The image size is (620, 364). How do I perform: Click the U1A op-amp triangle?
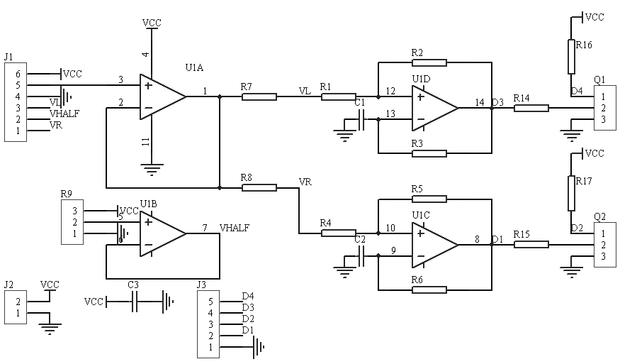(x=162, y=96)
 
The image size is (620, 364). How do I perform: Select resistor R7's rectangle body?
(x=259, y=96)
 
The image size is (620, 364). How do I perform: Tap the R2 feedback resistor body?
(x=429, y=62)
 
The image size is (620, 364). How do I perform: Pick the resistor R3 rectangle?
(x=429, y=153)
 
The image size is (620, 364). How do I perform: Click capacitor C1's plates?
(x=361, y=119)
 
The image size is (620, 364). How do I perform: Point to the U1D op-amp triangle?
(x=435, y=108)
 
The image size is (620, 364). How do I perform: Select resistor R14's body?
(x=531, y=108)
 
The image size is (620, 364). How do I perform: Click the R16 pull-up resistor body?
(x=571, y=56)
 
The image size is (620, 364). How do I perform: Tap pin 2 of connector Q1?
(x=603, y=108)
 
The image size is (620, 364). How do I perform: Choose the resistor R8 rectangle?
(x=259, y=187)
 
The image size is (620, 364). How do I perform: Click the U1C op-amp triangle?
(x=435, y=244)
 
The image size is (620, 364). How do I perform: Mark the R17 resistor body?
(x=571, y=193)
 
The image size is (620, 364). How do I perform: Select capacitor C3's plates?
(x=135, y=302)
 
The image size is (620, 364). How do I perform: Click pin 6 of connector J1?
(x=18, y=74)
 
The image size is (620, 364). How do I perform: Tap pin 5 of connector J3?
(x=210, y=302)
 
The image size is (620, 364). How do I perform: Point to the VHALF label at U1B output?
(x=235, y=228)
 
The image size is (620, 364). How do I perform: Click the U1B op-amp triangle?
(x=162, y=233)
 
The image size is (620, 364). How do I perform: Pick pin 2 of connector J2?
(x=18, y=302)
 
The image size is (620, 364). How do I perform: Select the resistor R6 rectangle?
(x=429, y=290)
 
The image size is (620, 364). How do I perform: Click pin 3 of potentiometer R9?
(x=74, y=211)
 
